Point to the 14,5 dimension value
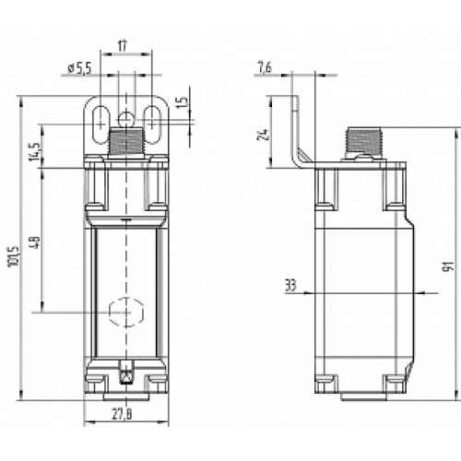[x=35, y=149]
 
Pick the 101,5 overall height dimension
[x=12, y=261]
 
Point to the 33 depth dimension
[x=290, y=287]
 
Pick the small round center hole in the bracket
[x=125, y=116]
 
